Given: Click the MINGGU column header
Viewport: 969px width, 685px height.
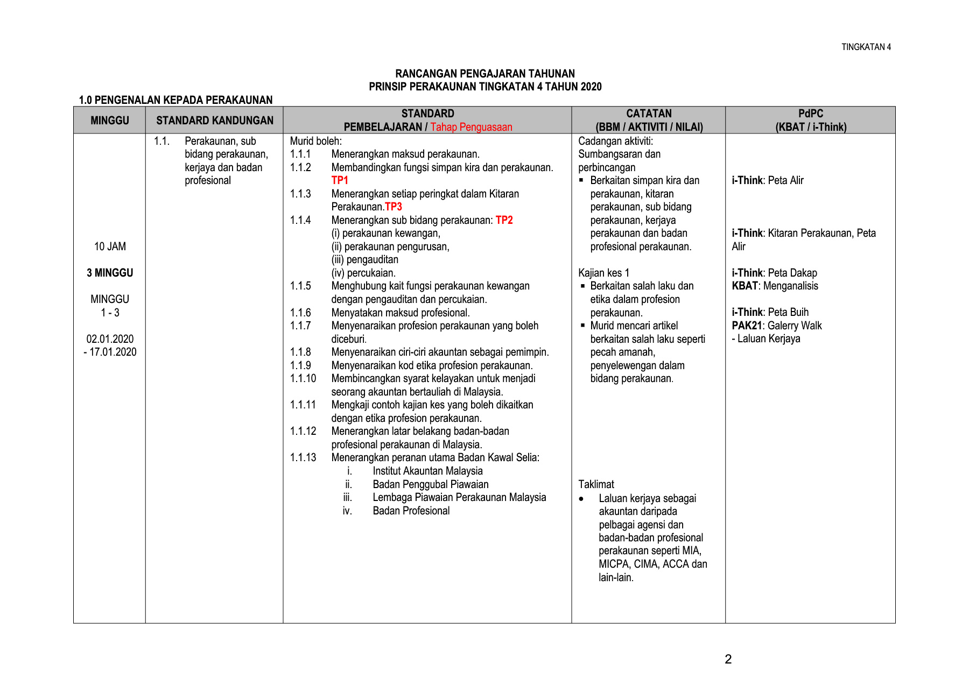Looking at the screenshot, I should (x=110, y=121).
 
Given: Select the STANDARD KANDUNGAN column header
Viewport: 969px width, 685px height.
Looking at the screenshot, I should (x=215, y=121).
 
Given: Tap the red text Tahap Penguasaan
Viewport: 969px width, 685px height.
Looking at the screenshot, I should (x=471, y=127).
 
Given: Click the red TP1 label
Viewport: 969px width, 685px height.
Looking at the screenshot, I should (x=340, y=180).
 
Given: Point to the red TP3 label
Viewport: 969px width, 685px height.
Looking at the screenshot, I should (x=394, y=207).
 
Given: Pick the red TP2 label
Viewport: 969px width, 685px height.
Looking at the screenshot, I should (x=504, y=220).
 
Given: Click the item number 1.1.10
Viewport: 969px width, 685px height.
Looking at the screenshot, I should (x=303, y=378).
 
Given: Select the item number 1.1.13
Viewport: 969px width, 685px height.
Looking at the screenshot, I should (x=303, y=457).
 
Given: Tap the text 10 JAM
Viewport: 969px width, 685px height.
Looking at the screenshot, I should (x=110, y=246).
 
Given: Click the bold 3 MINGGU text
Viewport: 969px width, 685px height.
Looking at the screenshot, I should (x=110, y=273).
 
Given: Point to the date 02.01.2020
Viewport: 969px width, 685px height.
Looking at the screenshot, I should (x=110, y=339).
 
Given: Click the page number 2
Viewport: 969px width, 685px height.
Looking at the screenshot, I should (x=728, y=659).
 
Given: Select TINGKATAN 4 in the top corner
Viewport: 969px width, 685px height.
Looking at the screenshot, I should (x=866, y=47).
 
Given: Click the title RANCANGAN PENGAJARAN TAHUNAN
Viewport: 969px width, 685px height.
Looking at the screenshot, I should (x=485, y=74).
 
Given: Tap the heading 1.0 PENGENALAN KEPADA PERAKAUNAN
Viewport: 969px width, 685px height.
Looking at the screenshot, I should (x=175, y=100).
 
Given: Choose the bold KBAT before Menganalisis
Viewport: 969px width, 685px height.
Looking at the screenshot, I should (x=745, y=286).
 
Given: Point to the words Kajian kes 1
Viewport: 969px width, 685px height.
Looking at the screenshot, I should (x=603, y=273).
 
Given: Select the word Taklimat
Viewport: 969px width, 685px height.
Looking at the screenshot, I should (x=596, y=484).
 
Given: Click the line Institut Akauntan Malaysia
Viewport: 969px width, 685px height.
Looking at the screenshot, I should (x=427, y=471).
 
